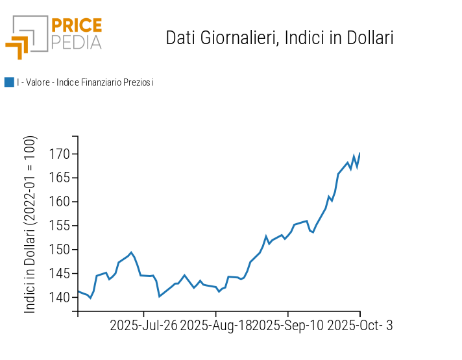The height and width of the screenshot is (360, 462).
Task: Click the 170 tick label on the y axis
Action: pos(60,154)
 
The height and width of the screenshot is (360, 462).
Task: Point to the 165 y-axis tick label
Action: pos(60,178)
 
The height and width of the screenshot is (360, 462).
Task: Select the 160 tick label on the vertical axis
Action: pos(60,202)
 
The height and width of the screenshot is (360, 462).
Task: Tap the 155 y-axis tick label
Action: pos(60,226)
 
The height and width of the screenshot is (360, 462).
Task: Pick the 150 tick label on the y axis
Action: pos(60,250)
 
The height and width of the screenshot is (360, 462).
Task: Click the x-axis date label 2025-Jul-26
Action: pos(143,326)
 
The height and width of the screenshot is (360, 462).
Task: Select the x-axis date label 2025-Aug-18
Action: pos(216,326)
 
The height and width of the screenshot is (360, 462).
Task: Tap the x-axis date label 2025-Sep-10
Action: pos(288,326)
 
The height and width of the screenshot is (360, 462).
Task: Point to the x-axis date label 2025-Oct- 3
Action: pos(360,326)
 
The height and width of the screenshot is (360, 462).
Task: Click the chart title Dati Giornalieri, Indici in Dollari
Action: pos(280,38)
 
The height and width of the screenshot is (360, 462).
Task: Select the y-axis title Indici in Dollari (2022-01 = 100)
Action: pos(30,225)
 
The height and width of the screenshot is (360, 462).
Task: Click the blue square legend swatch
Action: pos(9,82)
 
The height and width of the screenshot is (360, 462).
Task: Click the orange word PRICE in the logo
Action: pos(77,25)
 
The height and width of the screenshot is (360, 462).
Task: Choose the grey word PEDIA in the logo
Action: pos(77,42)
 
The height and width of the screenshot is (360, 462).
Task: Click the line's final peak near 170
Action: pos(359,153)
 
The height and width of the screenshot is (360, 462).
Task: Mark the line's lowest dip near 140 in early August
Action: pos(160,296)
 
